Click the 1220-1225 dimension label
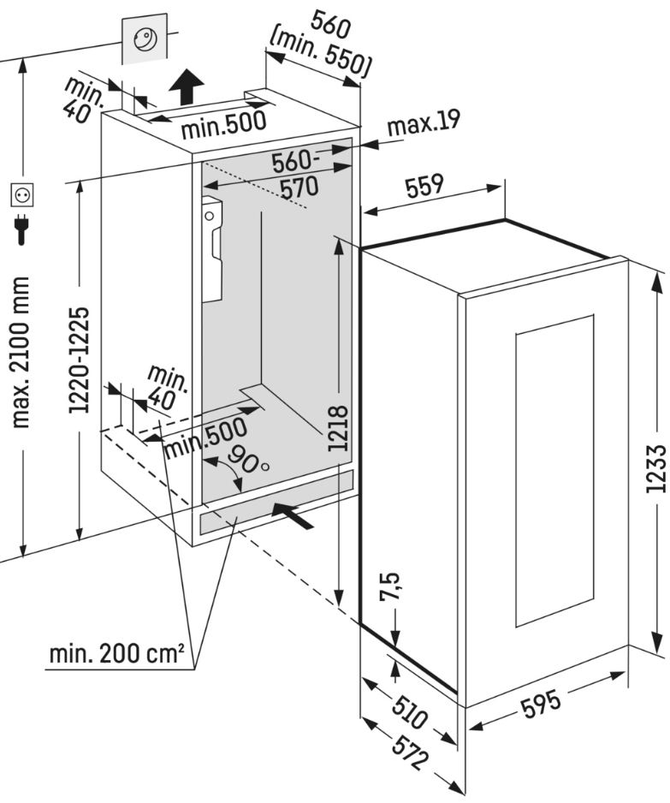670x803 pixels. [79, 360]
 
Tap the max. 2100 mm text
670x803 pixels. [23, 351]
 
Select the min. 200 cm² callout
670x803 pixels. [117, 656]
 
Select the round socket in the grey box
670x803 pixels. [146, 40]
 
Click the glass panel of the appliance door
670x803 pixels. [555, 470]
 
